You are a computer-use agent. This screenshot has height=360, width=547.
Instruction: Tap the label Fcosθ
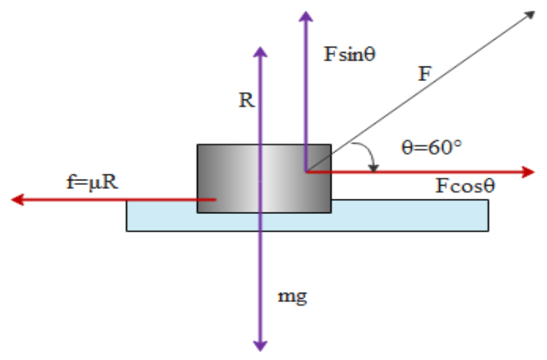tap(463, 186)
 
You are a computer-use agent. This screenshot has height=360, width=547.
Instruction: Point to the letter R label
tap(245, 102)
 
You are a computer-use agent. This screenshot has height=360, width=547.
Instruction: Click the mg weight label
tap(295, 296)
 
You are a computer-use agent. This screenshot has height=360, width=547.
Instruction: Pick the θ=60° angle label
tap(432, 147)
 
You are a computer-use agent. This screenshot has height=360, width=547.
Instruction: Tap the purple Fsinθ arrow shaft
tap(306, 92)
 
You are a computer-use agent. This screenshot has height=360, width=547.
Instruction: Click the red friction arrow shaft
tap(115, 199)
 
